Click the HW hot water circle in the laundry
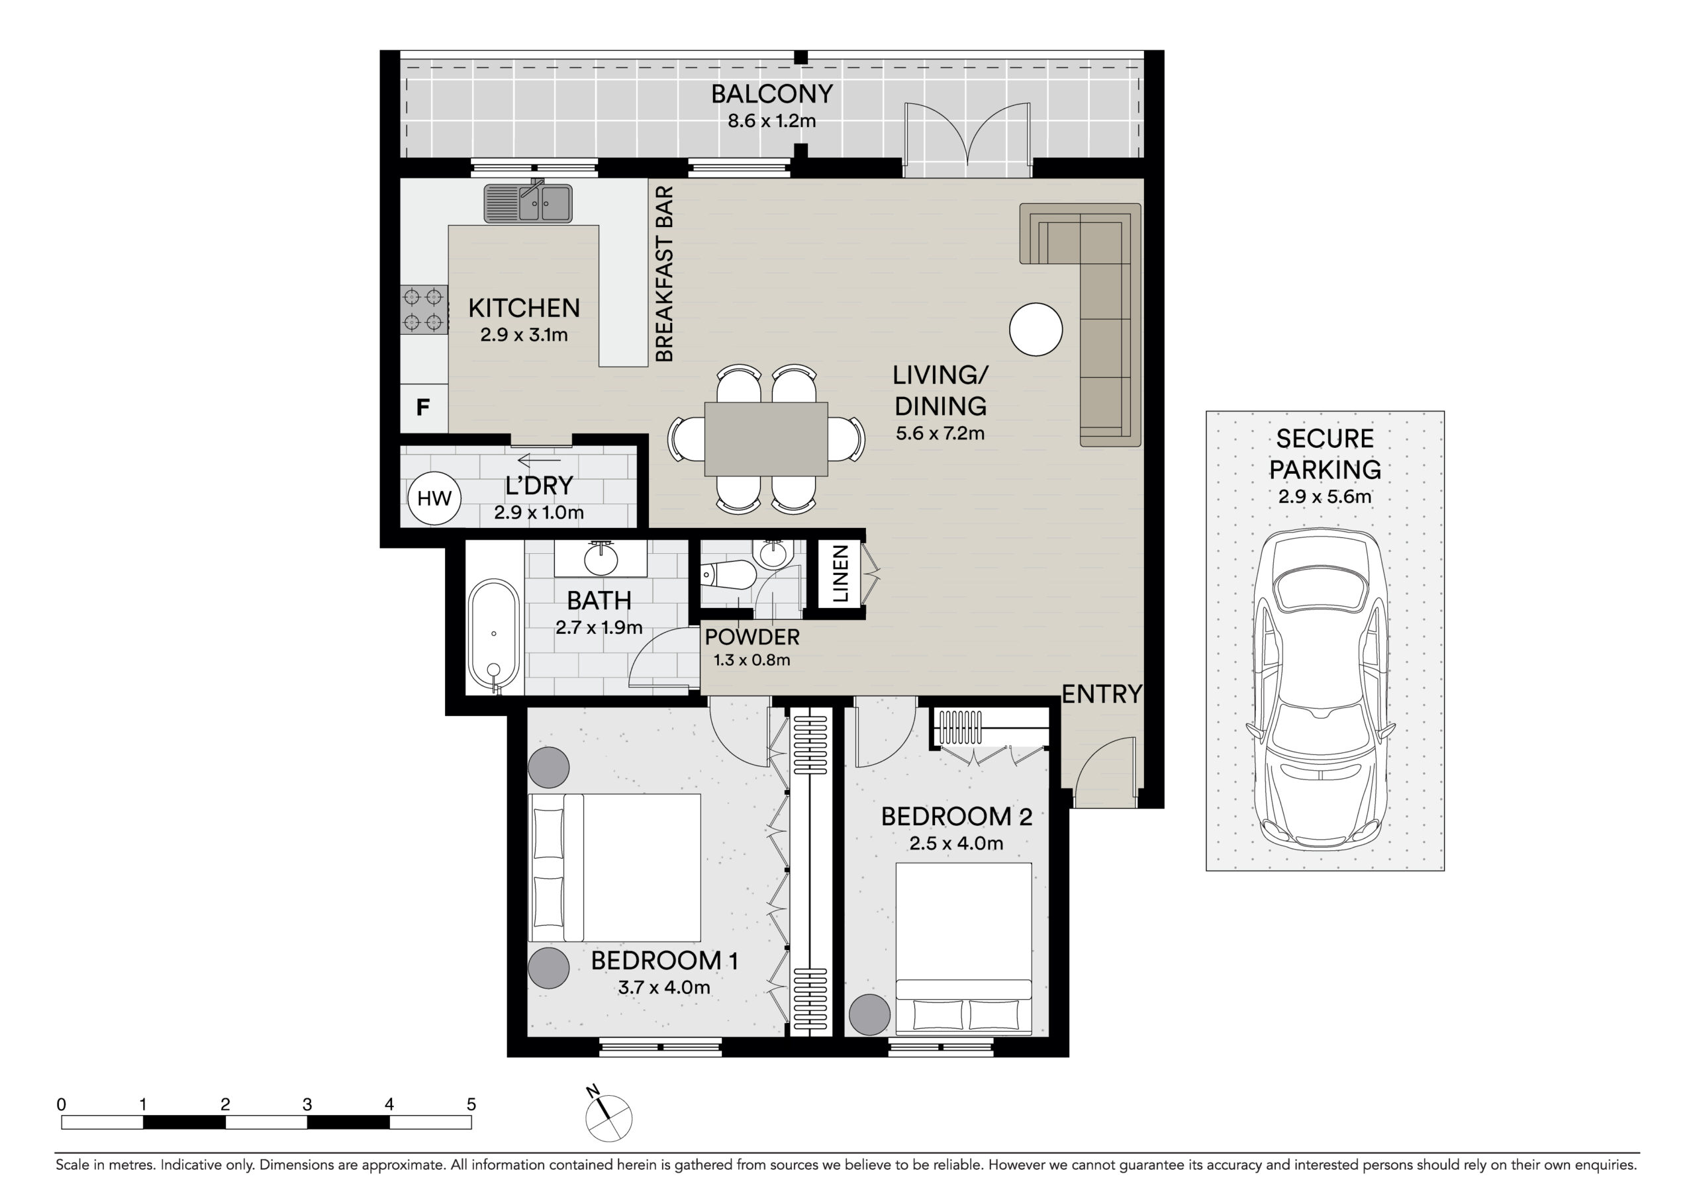pyautogui.click(x=434, y=498)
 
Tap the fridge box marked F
pyautogui.click(x=424, y=408)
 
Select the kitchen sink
pyautogui.click(x=528, y=202)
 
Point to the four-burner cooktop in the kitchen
pyautogui.click(x=424, y=310)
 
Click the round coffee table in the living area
pyautogui.click(x=1036, y=330)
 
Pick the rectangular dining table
pyautogui.click(x=766, y=439)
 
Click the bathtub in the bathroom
pyautogui.click(x=493, y=637)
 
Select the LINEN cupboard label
pyautogui.click(x=840, y=574)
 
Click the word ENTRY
pyautogui.click(x=1102, y=694)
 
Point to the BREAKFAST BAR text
pyautogui.click(x=665, y=274)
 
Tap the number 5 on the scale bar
pyautogui.click(x=471, y=1104)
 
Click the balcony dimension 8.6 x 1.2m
pyautogui.click(x=772, y=121)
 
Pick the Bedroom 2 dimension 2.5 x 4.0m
pyautogui.click(x=957, y=843)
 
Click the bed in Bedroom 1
pyautogui.click(x=614, y=867)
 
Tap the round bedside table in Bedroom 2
pyautogui.click(x=869, y=1014)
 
